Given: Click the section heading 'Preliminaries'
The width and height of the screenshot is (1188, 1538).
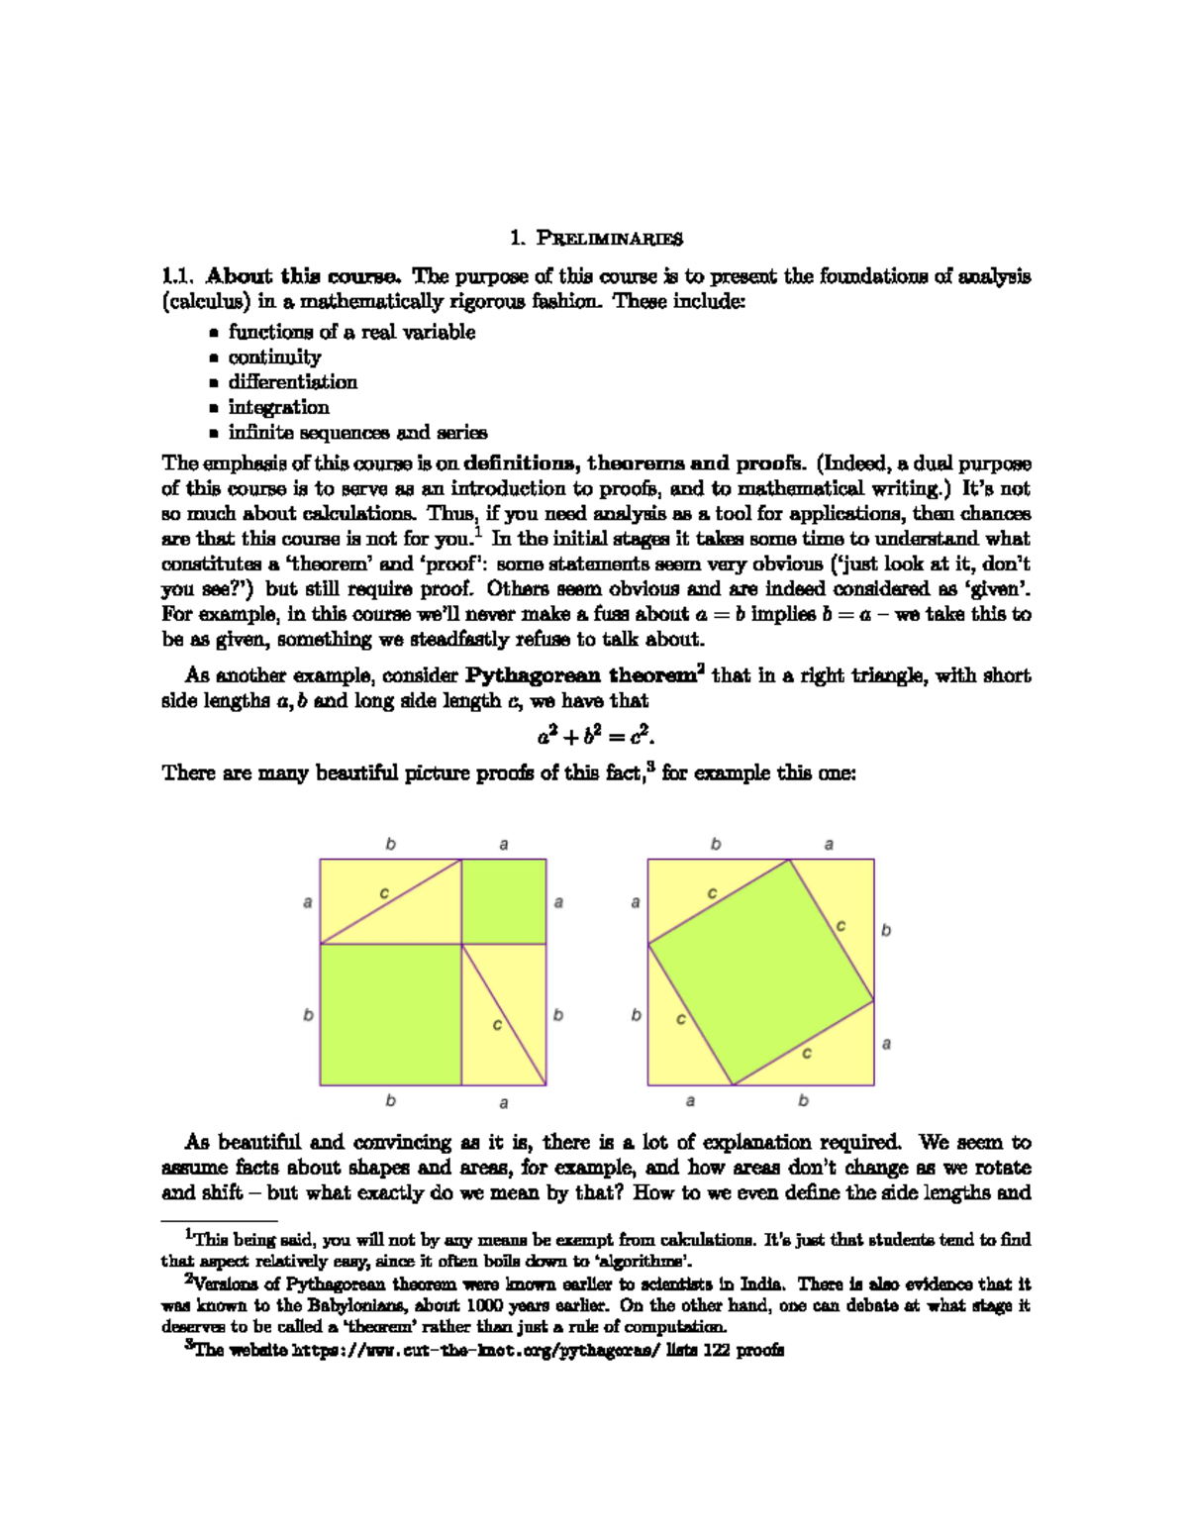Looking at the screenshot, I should (609, 239).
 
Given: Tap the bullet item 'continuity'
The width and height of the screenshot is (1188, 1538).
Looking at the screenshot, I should (274, 358).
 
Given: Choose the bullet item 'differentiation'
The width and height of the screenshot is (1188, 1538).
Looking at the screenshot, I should (292, 382).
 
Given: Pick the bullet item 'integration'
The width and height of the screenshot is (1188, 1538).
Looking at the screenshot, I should (278, 407).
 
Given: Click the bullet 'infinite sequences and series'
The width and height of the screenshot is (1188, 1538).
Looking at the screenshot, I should (357, 433).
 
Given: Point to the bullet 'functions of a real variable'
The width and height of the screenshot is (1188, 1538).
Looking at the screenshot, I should (351, 333).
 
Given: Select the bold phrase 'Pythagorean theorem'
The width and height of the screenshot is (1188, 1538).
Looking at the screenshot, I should (581, 676).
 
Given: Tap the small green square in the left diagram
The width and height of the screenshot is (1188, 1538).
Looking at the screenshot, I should (504, 901).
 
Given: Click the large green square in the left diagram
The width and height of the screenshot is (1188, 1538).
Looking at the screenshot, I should (390, 1014).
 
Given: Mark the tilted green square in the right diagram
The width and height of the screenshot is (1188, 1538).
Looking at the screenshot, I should (760, 972).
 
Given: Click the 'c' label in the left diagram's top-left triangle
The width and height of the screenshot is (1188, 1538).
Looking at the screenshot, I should (384, 894).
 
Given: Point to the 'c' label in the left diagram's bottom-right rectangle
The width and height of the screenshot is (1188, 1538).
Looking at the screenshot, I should (497, 1025).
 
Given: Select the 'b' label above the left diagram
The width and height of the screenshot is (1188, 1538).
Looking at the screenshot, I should (391, 845).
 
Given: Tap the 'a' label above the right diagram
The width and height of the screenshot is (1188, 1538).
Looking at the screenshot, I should (829, 845).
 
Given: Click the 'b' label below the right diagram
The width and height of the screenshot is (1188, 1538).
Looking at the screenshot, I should (803, 1101).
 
